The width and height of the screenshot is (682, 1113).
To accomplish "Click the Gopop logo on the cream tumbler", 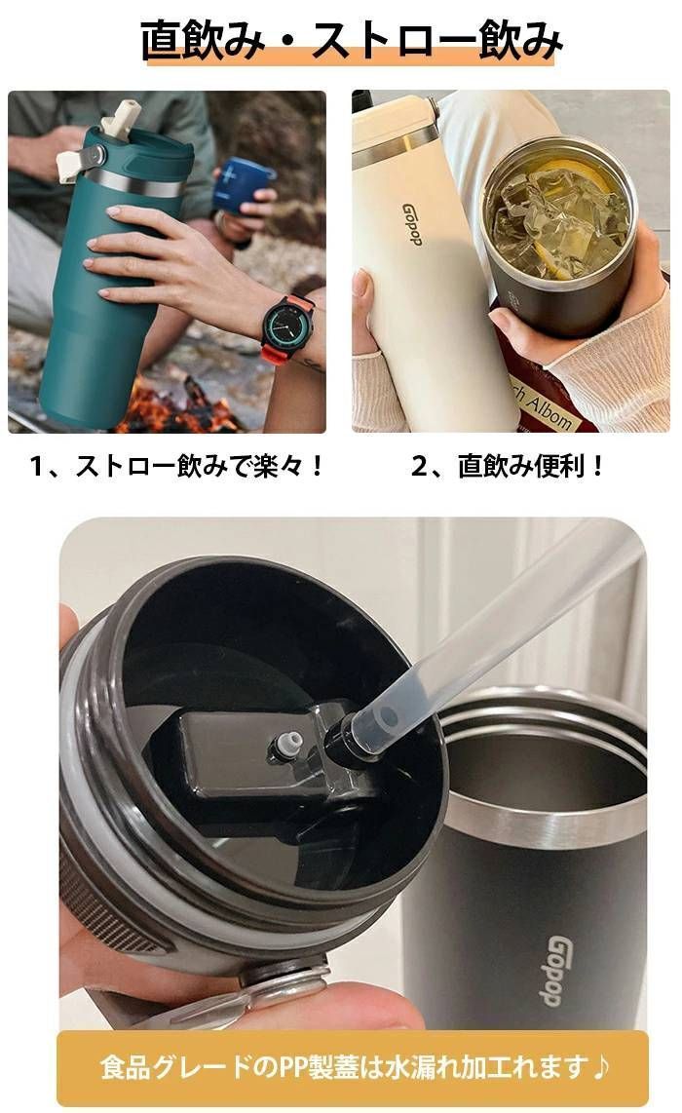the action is coord(412,224).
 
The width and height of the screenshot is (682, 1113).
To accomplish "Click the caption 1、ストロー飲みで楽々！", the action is coord(176,467).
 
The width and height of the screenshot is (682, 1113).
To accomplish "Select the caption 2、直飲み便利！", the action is coord(507,467).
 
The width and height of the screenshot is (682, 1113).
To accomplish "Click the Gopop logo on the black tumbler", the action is coord(560,970).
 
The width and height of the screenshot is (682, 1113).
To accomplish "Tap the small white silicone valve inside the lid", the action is coord(286,746).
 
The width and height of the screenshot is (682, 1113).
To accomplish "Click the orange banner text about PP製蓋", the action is coord(354,1065).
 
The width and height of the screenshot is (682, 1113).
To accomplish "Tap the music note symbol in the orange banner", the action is coord(600,1065).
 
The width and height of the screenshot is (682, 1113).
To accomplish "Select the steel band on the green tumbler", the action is coord(139,182).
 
